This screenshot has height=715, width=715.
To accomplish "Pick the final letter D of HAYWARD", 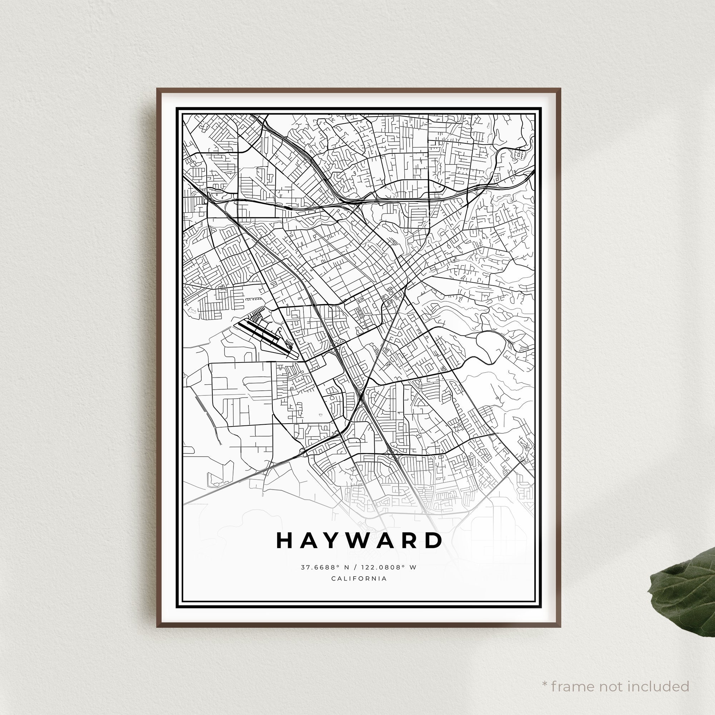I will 433,541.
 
